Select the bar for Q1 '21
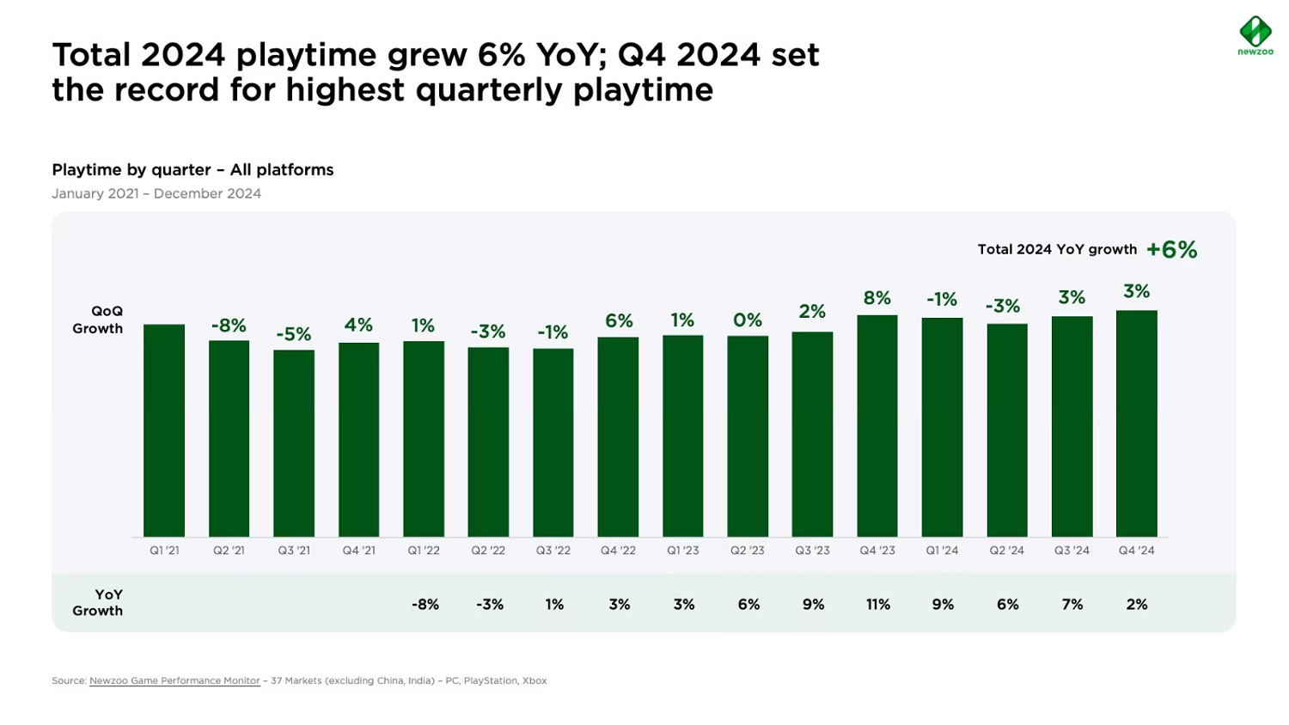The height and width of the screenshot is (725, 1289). pyautogui.click(x=164, y=430)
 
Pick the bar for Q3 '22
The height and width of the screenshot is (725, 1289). pyautogui.click(x=553, y=442)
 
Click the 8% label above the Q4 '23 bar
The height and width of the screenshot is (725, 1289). pyautogui.click(x=877, y=298)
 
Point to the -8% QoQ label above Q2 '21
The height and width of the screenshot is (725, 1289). pyautogui.click(x=229, y=326)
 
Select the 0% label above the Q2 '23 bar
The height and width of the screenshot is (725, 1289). pyautogui.click(x=747, y=320)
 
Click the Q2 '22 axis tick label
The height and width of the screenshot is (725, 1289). pyautogui.click(x=488, y=551)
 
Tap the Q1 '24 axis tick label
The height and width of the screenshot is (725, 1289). pyautogui.click(x=942, y=551)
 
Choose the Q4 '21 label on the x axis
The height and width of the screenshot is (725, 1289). pyautogui.click(x=358, y=551)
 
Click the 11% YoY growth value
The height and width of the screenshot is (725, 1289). pyautogui.click(x=877, y=605)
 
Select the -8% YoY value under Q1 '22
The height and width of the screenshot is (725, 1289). pyautogui.click(x=425, y=605)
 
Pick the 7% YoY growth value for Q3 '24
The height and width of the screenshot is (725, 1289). pyautogui.click(x=1072, y=605)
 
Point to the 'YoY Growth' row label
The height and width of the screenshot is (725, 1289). pyautogui.click(x=98, y=603)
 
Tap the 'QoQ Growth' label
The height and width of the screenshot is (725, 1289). pyautogui.click(x=98, y=320)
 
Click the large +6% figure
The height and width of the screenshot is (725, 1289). pyautogui.click(x=1171, y=250)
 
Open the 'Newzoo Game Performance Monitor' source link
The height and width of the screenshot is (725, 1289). pyautogui.click(x=174, y=681)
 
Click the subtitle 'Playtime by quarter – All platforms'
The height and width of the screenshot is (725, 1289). pyautogui.click(x=192, y=170)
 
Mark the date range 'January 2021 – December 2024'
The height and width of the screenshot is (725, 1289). pyautogui.click(x=156, y=194)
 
